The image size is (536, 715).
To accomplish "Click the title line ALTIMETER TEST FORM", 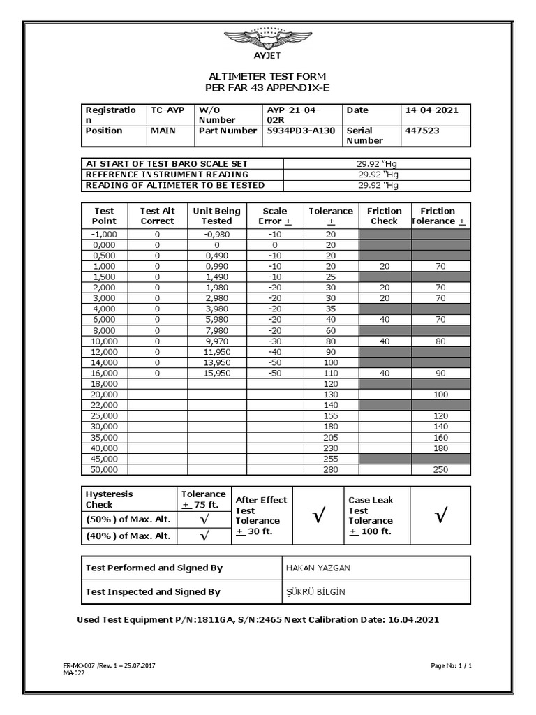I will point(267,75).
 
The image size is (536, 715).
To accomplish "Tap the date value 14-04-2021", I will point(430,110).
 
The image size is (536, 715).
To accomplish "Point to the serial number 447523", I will point(422,131).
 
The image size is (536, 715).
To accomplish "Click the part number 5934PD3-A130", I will point(301,131).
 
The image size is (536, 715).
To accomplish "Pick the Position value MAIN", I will point(163,131).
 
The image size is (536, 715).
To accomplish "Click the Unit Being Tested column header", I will point(216,216).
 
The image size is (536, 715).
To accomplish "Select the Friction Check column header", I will point(384,216).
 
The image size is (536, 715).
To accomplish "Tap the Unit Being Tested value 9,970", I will point(216,341).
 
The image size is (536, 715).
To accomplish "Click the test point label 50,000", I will point(104,470).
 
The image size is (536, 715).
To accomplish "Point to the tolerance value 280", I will point(330,470).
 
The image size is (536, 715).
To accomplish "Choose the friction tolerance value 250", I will point(440,470).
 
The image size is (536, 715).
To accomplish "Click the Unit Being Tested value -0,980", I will point(216,235).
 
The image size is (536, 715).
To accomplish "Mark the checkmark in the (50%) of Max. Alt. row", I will point(204,520).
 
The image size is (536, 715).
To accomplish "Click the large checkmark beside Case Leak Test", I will point(440,517).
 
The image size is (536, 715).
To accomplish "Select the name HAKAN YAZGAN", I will point(319,568).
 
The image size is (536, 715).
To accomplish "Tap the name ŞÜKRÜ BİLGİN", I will point(316,592).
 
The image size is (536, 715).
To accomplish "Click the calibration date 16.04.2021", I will point(412,619).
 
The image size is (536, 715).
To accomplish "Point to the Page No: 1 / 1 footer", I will point(451,665).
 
